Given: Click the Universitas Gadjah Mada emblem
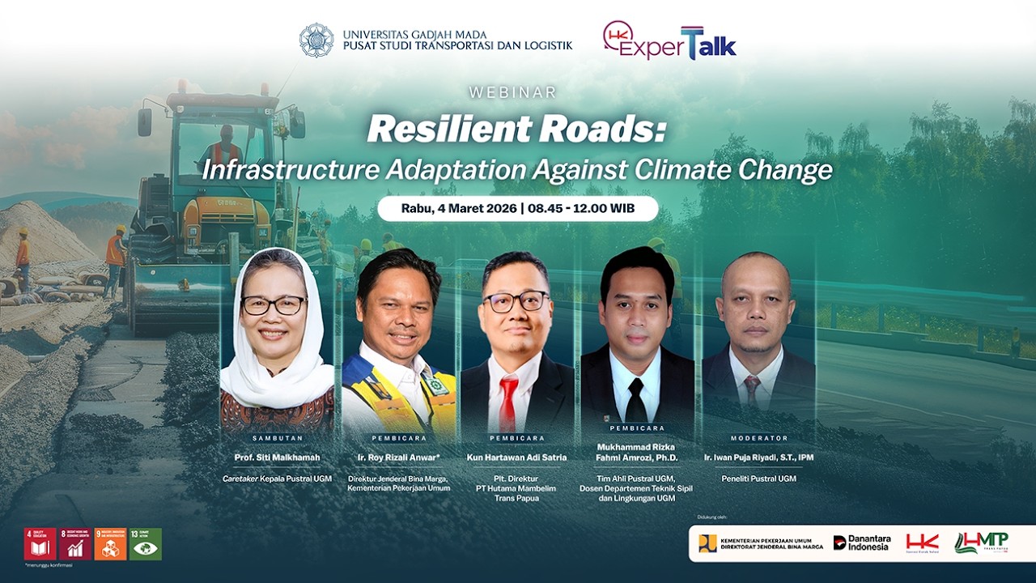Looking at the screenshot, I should point(316,40).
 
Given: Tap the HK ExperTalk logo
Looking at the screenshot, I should point(669,41).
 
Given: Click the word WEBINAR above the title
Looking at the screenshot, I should point(517,93).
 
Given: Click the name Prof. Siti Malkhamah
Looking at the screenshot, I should point(277,457).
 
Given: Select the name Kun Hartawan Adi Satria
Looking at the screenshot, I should point(517,457).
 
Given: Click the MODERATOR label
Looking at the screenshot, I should point(759,438).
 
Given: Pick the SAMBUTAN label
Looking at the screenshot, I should point(277,437).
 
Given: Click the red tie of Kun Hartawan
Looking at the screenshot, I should point(508,402).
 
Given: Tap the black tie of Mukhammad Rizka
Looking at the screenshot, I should point(637,400).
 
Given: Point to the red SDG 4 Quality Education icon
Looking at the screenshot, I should point(40,544).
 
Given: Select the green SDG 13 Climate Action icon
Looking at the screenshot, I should point(146,544).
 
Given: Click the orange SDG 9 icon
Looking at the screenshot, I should point(110,544).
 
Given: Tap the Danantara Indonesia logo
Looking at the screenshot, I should point(861,543).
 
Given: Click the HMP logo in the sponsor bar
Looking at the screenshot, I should point(981,543).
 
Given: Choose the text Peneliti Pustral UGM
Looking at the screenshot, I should point(759,479).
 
